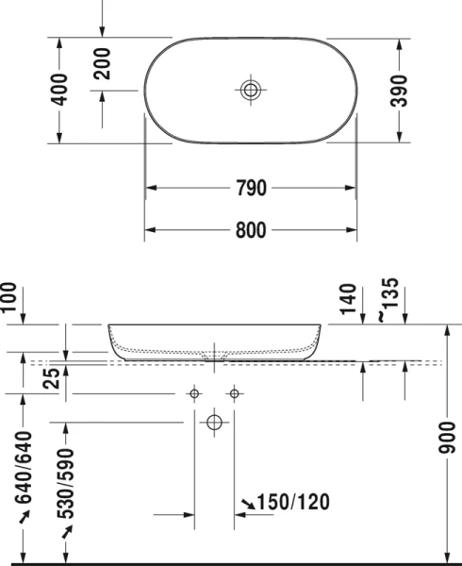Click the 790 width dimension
[250, 187]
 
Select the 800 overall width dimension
[250, 229]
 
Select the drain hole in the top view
[250, 91]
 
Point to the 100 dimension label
[8, 299]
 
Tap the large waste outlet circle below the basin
[215, 423]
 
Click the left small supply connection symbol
[194, 391]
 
